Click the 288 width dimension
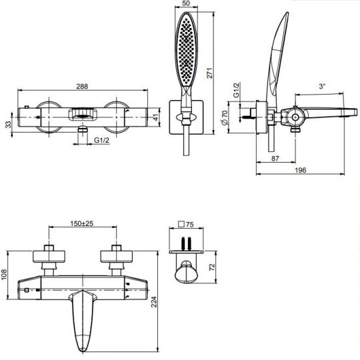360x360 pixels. (82, 86)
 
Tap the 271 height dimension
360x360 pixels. (210, 73)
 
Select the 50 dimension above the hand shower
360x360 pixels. (186, 3)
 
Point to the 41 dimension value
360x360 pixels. (156, 117)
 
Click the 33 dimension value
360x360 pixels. (8, 125)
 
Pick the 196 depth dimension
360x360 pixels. (300, 170)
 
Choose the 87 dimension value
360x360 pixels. (275, 159)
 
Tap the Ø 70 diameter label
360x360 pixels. (225, 117)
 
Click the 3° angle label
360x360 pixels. (323, 86)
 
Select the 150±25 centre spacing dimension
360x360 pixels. (82, 223)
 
